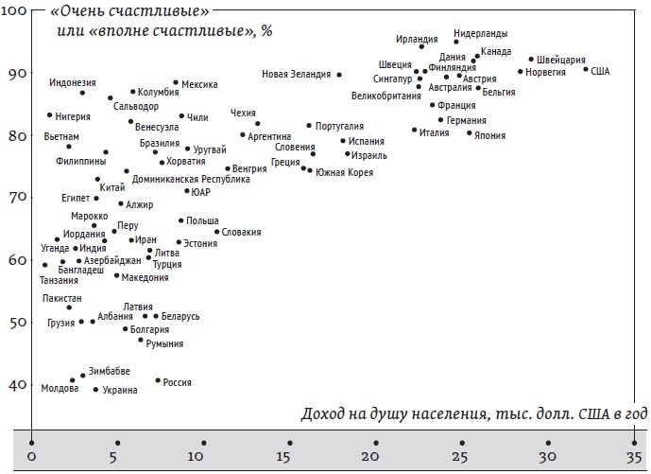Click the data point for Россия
[x=158, y=380]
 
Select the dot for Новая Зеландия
[x=339, y=75]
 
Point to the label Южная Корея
[x=344, y=172]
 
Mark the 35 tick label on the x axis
[x=634, y=458]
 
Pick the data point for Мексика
[x=176, y=82]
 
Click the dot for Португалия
[x=309, y=125]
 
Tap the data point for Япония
[x=469, y=132]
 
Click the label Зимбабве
[x=110, y=370]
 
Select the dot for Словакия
[x=216, y=231]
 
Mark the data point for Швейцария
[x=531, y=59]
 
